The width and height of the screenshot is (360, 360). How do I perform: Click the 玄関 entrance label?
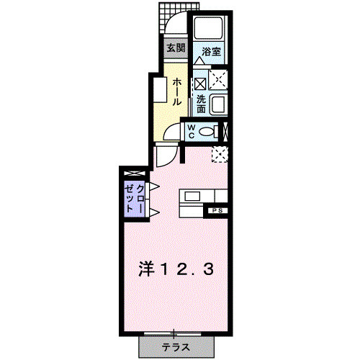[x=175, y=49]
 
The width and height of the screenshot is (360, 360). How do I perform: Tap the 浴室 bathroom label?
[x=210, y=52]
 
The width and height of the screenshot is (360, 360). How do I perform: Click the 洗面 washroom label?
[x=202, y=104]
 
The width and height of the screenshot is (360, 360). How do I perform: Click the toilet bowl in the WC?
[x=209, y=132]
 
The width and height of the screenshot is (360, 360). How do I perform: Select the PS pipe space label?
[x=216, y=211]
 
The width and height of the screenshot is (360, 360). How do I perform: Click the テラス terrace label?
[x=176, y=347]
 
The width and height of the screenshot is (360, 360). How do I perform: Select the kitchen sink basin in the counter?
[x=193, y=195]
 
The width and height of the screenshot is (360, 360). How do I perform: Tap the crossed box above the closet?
[x=133, y=174]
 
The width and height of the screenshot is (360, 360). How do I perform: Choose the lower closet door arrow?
[x=153, y=210]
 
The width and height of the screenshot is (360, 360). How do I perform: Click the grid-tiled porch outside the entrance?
[x=174, y=12]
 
